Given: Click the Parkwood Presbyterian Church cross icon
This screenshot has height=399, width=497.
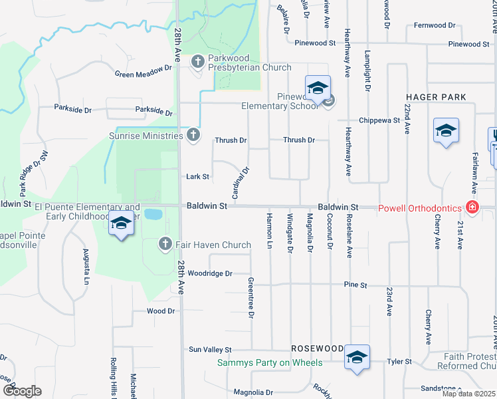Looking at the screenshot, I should click(x=197, y=63).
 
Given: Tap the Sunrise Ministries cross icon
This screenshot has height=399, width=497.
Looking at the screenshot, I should click(x=193, y=136).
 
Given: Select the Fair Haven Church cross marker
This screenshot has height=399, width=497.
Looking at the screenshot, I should click(x=165, y=245).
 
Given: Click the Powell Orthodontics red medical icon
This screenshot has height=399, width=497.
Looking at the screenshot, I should click(x=472, y=208).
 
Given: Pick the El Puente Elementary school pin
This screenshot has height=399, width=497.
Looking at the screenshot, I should click(x=121, y=225).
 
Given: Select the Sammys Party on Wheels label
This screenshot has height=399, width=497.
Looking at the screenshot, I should click(x=270, y=362).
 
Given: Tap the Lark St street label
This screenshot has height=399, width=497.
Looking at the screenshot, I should click(x=198, y=177).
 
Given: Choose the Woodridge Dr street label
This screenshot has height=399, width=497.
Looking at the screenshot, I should click(x=209, y=273).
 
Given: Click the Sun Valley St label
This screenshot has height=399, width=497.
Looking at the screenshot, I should click(x=209, y=349).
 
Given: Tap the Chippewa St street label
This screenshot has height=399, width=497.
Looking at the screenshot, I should click(x=379, y=121).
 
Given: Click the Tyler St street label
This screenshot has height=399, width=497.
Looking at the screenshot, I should click(x=399, y=362).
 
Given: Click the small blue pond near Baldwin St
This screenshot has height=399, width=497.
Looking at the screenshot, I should click(x=153, y=214).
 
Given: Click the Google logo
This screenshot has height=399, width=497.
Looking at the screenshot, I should click(x=22, y=391).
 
